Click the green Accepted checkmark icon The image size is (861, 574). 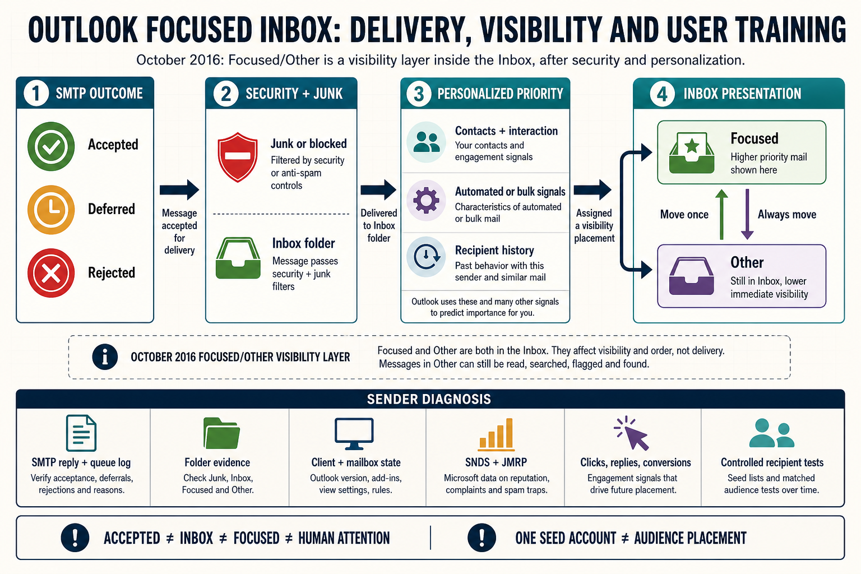(51, 146)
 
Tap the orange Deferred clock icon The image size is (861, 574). (51, 210)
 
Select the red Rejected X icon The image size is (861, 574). (51, 273)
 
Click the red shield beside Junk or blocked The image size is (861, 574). (238, 158)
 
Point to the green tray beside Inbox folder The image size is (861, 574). (238, 258)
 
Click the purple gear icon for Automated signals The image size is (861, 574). (426, 200)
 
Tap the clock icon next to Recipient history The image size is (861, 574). (426, 256)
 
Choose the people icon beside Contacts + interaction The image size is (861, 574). (427, 142)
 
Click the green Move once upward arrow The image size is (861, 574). (721, 215)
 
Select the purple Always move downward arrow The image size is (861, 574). (747, 215)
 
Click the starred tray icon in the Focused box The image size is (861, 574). (692, 152)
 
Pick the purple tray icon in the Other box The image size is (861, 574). (692, 276)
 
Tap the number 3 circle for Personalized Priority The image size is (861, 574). (418, 94)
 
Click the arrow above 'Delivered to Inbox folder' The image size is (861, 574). (378, 189)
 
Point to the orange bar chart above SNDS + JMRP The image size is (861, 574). (496, 434)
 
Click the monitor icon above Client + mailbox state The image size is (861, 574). (354, 434)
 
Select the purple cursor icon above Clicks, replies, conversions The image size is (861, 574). (632, 433)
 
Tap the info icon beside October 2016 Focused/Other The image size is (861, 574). (105, 357)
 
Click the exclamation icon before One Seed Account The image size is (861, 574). (482, 538)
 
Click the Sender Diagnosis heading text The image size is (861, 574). (429, 399)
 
